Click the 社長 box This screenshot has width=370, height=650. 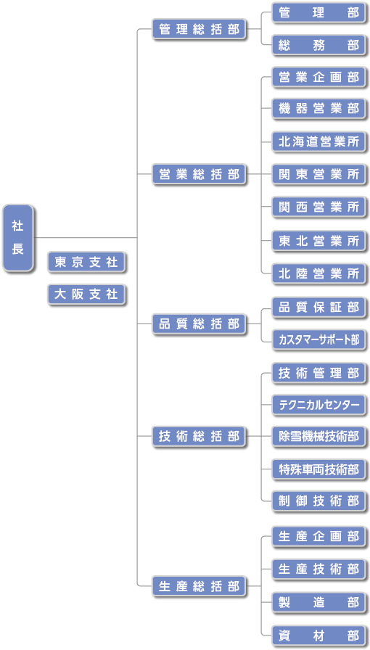[18, 238]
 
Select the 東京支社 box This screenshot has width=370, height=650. [86, 262]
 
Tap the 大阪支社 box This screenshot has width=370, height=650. [86, 295]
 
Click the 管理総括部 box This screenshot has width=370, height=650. [200, 29]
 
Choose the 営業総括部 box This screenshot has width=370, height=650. [200, 174]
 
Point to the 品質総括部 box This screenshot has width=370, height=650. [200, 324]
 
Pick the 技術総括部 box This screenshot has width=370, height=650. [200, 436]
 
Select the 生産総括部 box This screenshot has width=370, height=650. [200, 586]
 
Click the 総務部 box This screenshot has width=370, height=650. [319, 45]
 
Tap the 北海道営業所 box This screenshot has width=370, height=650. [319, 141]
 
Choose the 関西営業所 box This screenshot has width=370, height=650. [319, 207]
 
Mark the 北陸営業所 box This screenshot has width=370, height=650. [319, 273]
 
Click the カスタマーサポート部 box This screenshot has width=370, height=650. [319, 340]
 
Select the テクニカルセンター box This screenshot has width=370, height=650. [319, 405]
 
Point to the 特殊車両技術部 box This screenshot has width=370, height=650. [319, 469]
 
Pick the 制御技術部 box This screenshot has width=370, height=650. [319, 501]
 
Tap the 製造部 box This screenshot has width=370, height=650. [319, 602]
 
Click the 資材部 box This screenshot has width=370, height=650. [319, 635]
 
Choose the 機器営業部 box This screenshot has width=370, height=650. [319, 109]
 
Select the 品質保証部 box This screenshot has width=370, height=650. [319, 308]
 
